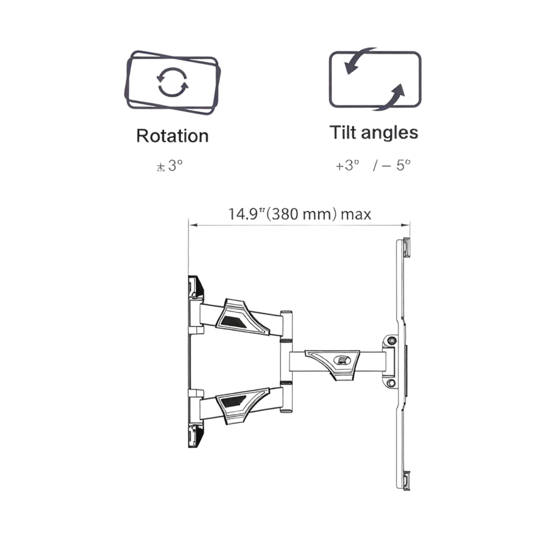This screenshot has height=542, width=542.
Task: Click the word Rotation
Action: [172, 136]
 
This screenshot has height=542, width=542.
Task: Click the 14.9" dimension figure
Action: [246, 214]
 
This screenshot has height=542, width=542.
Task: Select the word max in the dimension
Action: [356, 215]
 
